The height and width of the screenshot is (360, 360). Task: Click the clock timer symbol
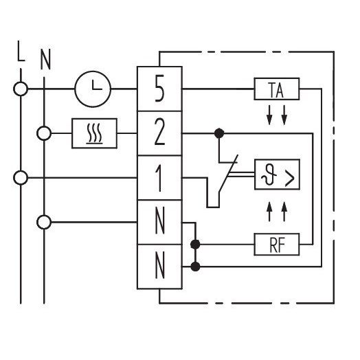93,89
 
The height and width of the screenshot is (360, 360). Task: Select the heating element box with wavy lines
94,133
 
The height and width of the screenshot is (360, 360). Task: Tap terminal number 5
159,88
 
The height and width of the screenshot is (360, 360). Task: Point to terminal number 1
159,179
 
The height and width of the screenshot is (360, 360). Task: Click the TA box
277,89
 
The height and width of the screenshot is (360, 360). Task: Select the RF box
277,245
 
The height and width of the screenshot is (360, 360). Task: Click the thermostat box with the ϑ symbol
277,175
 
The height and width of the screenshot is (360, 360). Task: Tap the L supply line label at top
21,51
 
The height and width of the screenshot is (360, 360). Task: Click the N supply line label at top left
45,59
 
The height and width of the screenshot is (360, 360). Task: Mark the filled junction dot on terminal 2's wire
219,133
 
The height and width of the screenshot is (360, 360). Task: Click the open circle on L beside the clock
21,89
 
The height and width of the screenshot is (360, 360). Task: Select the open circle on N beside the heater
44,133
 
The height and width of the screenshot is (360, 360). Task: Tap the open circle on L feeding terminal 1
21,178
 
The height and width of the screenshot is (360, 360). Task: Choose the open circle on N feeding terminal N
44,222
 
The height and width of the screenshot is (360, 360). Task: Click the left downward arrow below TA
269,115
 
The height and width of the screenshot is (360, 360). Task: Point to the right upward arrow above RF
284,212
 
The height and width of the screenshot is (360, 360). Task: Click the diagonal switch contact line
228,173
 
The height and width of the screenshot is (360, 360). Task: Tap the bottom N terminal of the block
160,267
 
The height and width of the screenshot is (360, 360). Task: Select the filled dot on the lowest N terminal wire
195,267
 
